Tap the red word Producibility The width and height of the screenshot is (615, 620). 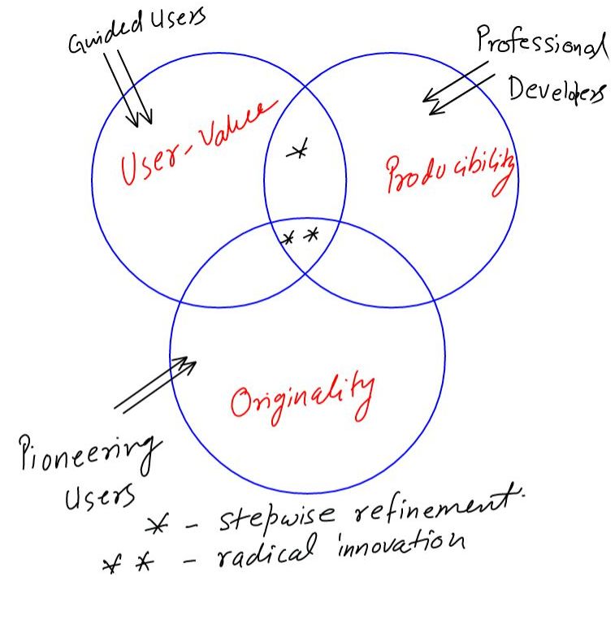(449, 173)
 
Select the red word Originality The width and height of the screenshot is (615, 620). (301, 397)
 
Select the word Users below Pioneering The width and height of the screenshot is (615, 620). (100, 495)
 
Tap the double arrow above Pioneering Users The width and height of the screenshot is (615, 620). (154, 385)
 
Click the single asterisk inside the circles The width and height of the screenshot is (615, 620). (299, 150)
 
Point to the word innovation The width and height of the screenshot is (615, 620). (400, 543)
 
